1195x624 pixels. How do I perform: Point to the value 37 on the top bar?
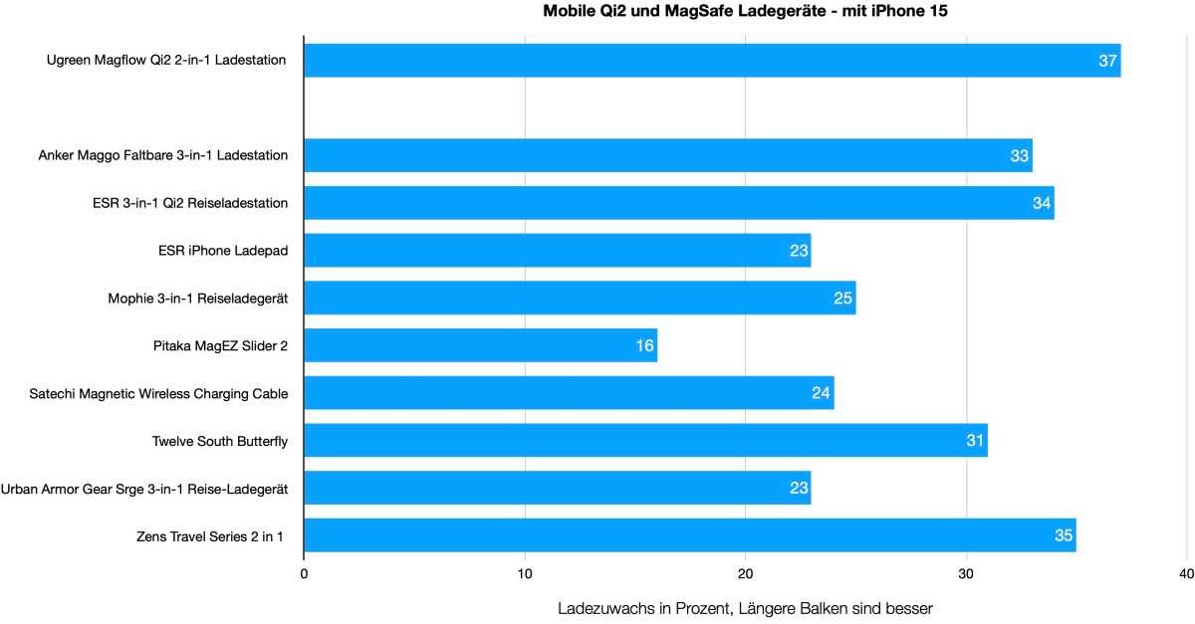click(1107, 61)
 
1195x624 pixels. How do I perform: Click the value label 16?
click(644, 345)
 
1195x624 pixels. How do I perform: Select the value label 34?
click(1041, 203)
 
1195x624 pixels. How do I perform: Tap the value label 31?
click(975, 440)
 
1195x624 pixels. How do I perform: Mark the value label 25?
click(843, 298)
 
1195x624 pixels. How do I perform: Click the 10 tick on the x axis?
click(525, 574)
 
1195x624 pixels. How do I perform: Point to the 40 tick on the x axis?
click(1185, 574)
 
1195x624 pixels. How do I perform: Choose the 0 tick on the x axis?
click(304, 574)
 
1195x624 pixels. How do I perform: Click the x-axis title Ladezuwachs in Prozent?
click(745, 607)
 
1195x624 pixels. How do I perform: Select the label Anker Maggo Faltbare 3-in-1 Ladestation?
click(163, 155)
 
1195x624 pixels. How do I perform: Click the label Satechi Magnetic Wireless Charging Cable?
click(159, 393)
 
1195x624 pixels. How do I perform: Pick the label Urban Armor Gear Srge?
click(144, 489)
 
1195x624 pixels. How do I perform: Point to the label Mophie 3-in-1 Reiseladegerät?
click(198, 298)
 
